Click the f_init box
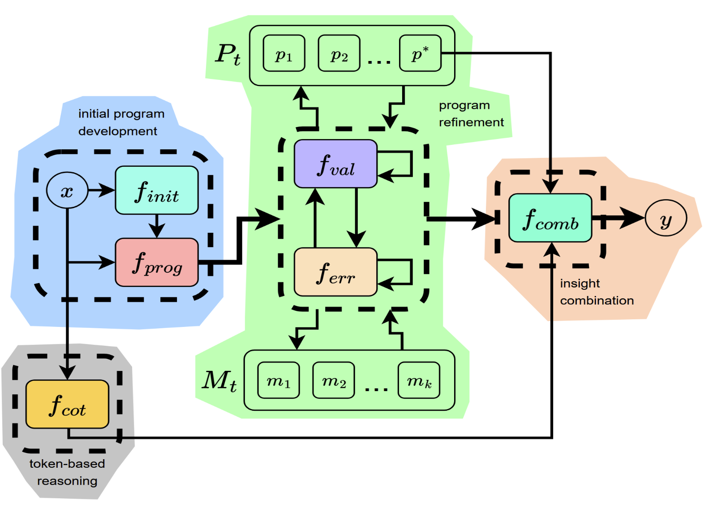pyautogui.click(x=156, y=190)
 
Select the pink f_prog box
pyautogui.click(x=156, y=262)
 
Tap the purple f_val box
pyautogui.click(x=335, y=164)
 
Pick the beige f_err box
pyautogui.click(x=335, y=272)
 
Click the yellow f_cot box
pyautogui.click(x=67, y=404)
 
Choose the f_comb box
pyautogui.click(x=550, y=218)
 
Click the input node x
pyautogui.click(x=67, y=191)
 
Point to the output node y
pyautogui.click(x=665, y=218)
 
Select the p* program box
pyautogui.click(x=420, y=53)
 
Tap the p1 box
pyautogui.click(x=283, y=53)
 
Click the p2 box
pyautogui.click(x=339, y=53)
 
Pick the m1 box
pyautogui.click(x=278, y=380)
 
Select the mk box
pyautogui.click(x=418, y=380)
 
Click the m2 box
pyautogui.click(x=333, y=380)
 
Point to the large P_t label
pyautogui.click(x=228, y=55)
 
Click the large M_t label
pyautogui.click(x=219, y=381)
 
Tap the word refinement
pyautogui.click(x=471, y=122)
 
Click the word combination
pyautogui.click(x=597, y=300)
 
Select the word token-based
pyautogui.click(x=67, y=464)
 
